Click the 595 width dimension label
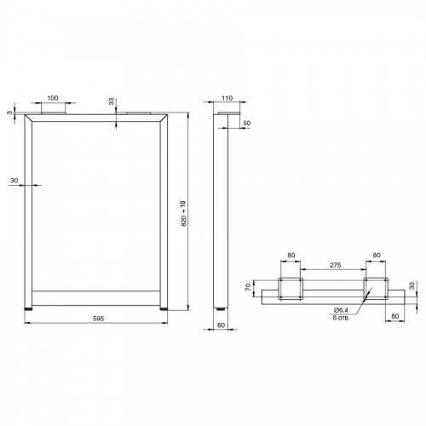coord(99,319)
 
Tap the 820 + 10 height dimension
coord(183,213)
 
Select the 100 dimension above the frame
coord(53,98)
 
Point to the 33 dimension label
coord(112,101)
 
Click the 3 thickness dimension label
coord(10,112)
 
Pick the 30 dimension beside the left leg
coord(14,181)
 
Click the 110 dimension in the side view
coord(227,98)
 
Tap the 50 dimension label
coord(247,124)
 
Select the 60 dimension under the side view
coord(221,325)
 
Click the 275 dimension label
coord(336,265)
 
